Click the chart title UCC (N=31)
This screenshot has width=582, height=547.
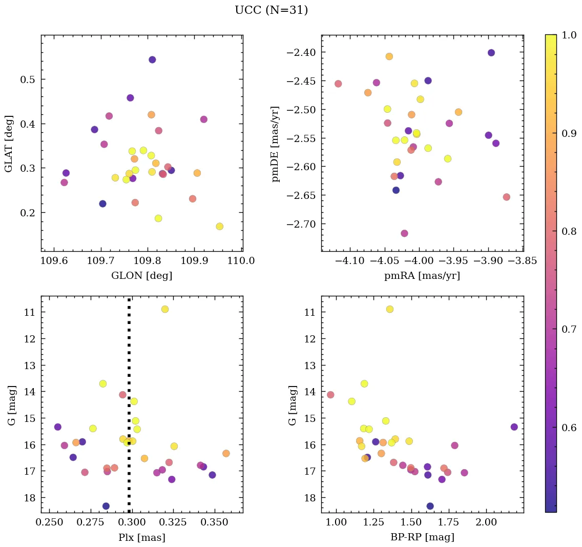[271, 10]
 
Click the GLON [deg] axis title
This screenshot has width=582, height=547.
[141, 276]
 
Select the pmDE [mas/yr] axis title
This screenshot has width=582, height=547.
[276, 145]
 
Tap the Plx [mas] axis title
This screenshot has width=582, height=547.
[141, 537]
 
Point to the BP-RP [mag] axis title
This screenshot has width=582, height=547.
[422, 537]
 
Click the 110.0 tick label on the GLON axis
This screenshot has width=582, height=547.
[241, 261]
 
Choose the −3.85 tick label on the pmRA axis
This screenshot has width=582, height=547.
[523, 261]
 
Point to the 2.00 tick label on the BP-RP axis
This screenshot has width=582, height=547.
[486, 522]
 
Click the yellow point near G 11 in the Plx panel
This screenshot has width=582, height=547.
[165, 309]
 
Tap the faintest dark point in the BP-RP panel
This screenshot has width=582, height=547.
[430, 506]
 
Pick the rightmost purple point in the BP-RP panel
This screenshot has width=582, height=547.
[514, 427]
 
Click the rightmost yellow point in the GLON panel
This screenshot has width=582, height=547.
[219, 227]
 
